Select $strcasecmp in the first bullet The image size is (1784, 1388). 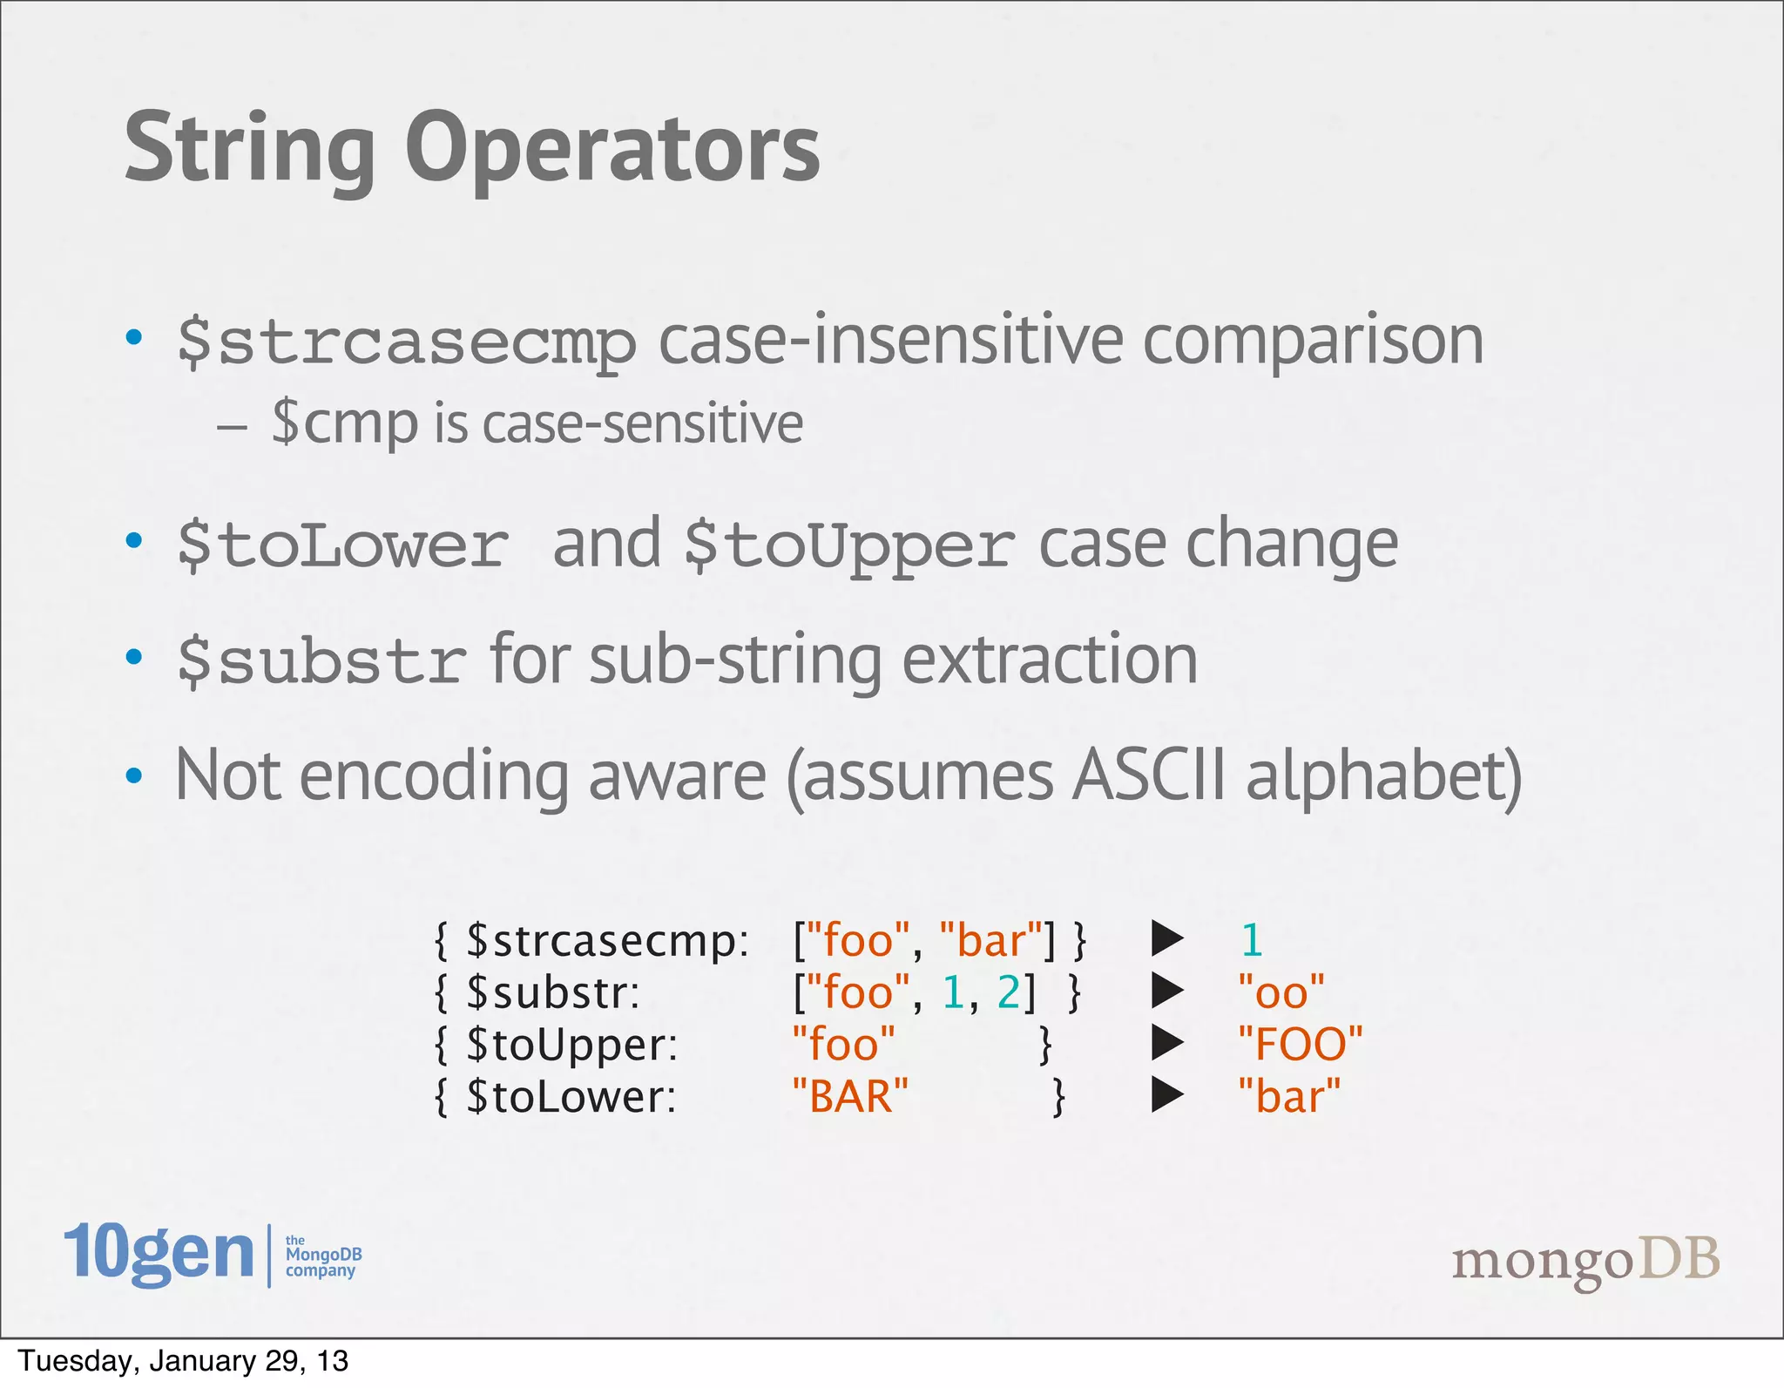pos(406,342)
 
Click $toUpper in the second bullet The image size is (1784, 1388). pos(849,546)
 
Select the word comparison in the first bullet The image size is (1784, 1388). pos(1313,342)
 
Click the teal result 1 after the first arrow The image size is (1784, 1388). pos(1251,941)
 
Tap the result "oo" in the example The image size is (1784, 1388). pos(1281,992)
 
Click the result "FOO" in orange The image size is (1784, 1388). pos(1300,1044)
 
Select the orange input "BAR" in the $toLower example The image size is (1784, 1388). pos(849,1096)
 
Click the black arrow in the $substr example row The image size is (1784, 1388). pos(1166,991)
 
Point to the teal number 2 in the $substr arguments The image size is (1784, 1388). pos(1008,992)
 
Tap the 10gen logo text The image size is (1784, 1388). pos(159,1253)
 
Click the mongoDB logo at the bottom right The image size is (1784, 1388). pos(1585,1262)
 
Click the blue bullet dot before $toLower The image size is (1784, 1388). pos(133,541)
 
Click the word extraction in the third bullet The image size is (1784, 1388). pos(1049,661)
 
